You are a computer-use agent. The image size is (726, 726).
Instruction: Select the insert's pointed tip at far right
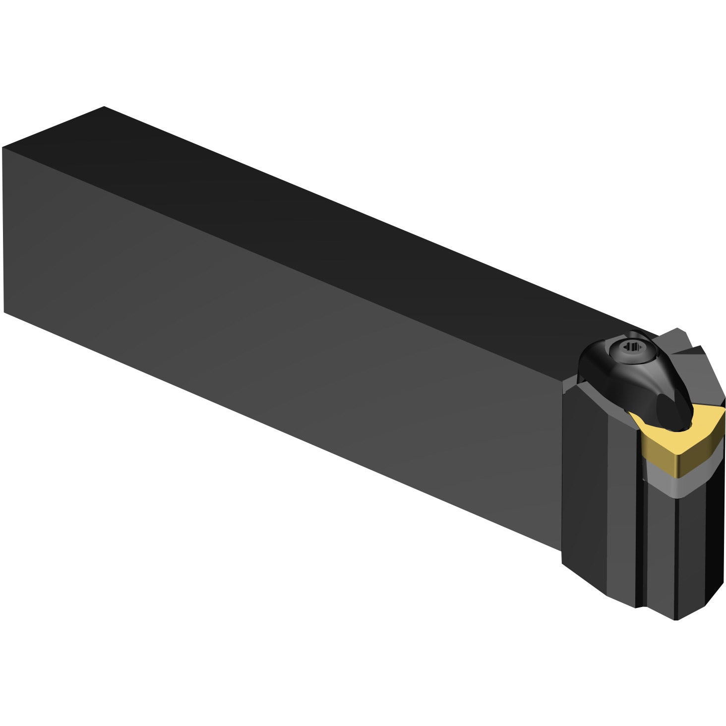coord(723,417)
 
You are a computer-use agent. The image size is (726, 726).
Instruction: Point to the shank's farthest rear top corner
coord(104,107)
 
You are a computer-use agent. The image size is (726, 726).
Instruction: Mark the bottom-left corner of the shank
coord(4,312)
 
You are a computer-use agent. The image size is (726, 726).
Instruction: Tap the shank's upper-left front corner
coord(3,148)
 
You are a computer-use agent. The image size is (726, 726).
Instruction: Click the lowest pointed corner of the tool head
coord(677,619)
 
